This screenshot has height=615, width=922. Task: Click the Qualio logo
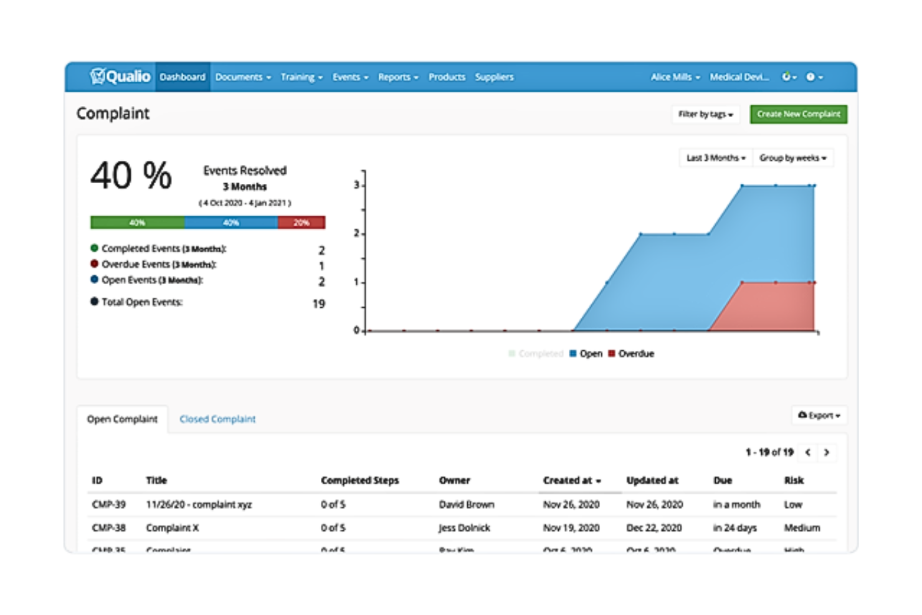[x=120, y=77]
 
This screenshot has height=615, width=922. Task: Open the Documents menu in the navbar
[x=242, y=77]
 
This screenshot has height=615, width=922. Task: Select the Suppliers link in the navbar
[x=494, y=77]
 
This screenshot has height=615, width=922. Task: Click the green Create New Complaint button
[x=798, y=114]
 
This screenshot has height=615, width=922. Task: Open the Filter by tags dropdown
[x=705, y=114]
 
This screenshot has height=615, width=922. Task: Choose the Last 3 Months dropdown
[x=715, y=158]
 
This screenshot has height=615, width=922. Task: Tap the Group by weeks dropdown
[x=792, y=158]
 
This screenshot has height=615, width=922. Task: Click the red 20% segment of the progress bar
[x=302, y=222]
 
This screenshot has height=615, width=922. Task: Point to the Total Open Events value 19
[x=318, y=304]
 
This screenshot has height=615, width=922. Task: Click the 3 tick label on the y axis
[x=356, y=185]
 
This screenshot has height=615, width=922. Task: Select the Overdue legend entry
[x=631, y=354]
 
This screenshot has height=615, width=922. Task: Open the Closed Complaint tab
[x=217, y=419]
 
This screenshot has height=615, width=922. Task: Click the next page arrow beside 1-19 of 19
[x=827, y=452]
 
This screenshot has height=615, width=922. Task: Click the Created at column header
[x=571, y=480]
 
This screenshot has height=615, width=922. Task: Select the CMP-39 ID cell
[x=108, y=505]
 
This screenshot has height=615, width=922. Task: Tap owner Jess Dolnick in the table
[x=464, y=528]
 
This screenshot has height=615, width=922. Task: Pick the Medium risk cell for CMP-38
[x=802, y=528]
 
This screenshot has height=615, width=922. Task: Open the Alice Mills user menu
[x=675, y=77]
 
